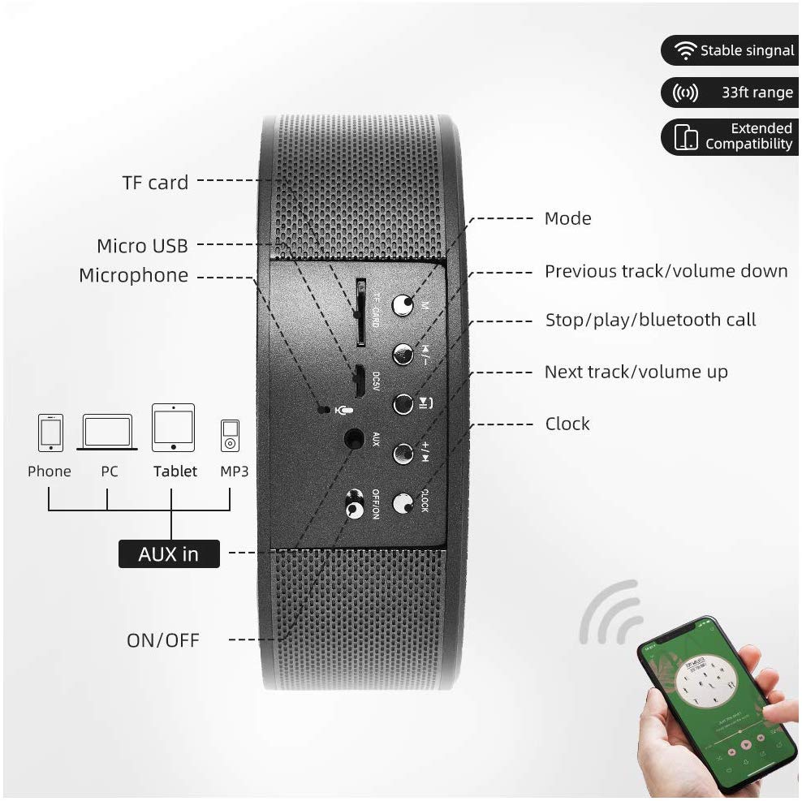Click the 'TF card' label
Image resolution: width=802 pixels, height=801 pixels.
[x=155, y=183]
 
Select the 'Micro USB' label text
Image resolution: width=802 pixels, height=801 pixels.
[x=142, y=246]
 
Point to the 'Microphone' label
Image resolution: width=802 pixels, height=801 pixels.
[x=133, y=276]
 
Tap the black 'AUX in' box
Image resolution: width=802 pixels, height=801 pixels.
[x=169, y=554]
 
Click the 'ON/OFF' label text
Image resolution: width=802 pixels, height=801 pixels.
[x=162, y=640]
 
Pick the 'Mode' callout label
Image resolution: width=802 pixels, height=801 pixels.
[x=567, y=218]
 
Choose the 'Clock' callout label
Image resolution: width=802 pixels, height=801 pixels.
[x=567, y=424]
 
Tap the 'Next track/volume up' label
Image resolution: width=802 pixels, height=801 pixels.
[x=636, y=372]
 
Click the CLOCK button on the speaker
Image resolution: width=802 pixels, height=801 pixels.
[x=403, y=504]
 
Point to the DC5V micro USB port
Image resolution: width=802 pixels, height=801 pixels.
[x=357, y=377]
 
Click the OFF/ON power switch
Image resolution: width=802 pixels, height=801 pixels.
[x=354, y=505]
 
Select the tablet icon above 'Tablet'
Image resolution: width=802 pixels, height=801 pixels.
[x=173, y=428]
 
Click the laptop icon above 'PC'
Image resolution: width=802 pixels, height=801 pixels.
[x=108, y=433]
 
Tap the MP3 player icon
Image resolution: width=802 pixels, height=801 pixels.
[x=231, y=435]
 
